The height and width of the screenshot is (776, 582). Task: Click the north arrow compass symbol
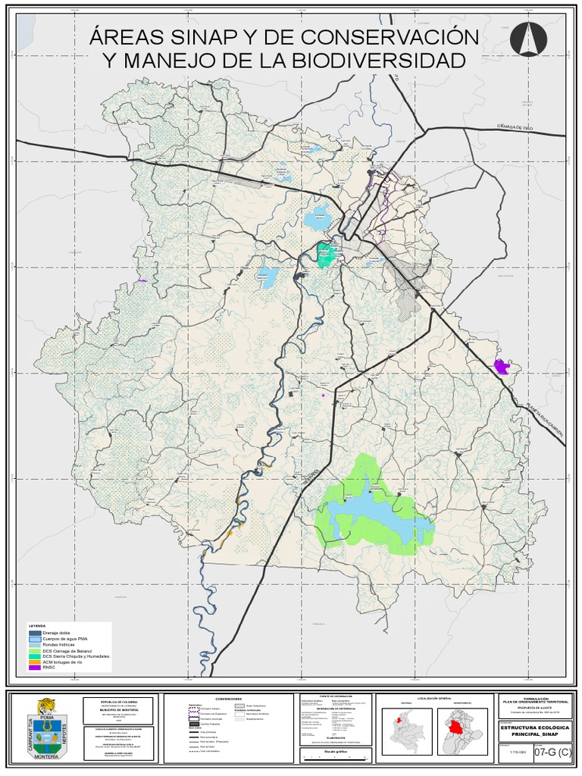pos(528,39)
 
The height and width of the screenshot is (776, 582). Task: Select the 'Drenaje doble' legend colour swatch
pos(36,632)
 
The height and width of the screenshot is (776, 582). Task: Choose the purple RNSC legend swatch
pos(36,666)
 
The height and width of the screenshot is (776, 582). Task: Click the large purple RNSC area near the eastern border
pos(502,367)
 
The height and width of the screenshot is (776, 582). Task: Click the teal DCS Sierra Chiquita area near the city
pos(326,255)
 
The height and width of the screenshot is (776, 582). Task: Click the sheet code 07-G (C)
pos(553,753)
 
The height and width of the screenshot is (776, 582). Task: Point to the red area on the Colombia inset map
pos(397,721)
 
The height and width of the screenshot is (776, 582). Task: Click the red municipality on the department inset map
pos(455,727)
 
